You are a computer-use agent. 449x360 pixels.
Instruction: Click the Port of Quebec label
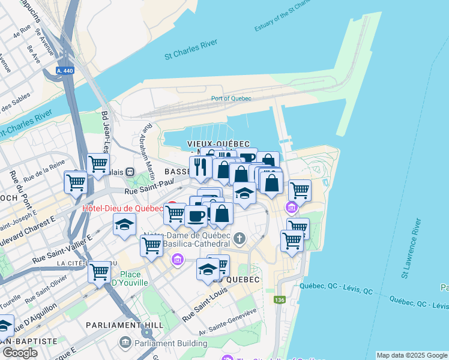231,98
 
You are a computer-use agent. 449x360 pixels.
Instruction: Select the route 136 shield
279,299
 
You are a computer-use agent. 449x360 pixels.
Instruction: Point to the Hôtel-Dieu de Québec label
122,209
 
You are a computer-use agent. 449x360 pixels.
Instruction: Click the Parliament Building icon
125,343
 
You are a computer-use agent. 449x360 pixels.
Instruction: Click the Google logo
20,353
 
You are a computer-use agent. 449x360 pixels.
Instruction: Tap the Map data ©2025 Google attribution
412,355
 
